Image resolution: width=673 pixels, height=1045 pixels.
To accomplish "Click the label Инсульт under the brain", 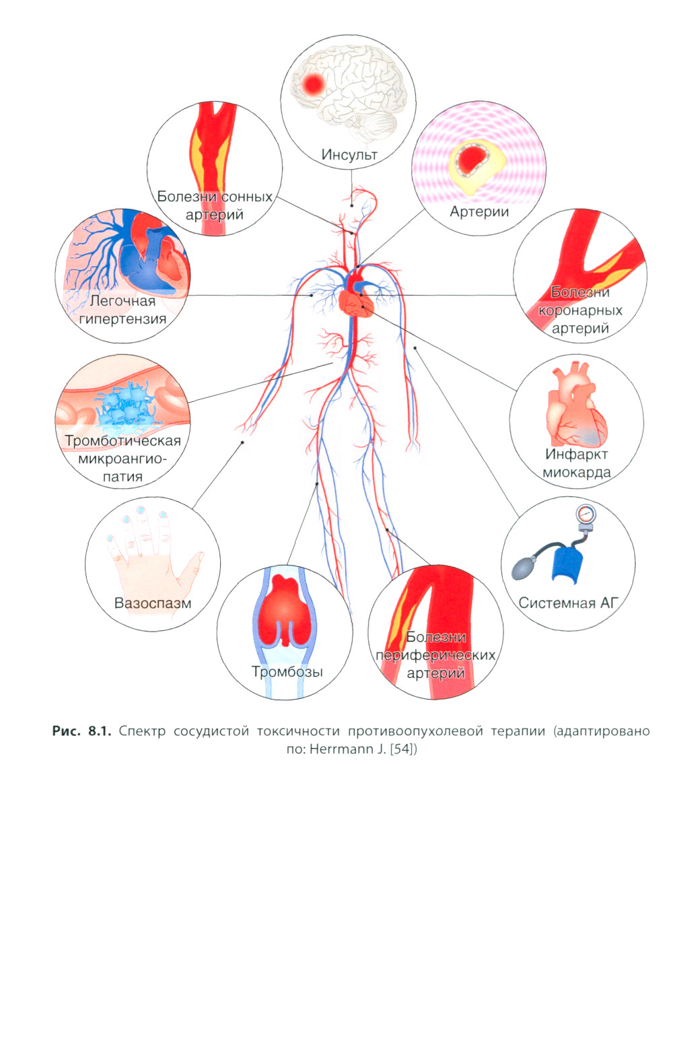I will (x=349, y=154).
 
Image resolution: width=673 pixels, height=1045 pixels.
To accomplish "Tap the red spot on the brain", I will (x=312, y=84).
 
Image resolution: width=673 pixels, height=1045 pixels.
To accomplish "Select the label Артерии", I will (x=479, y=211).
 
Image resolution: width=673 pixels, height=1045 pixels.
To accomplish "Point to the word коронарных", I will (x=580, y=310).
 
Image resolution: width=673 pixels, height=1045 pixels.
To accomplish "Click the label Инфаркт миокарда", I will (x=576, y=463).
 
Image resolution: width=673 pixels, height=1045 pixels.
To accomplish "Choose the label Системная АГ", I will (x=568, y=603).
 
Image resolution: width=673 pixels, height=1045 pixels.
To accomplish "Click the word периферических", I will (x=435, y=654).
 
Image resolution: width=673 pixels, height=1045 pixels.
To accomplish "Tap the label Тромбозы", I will (x=287, y=671).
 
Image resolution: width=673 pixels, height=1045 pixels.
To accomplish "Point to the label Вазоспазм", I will (x=153, y=603).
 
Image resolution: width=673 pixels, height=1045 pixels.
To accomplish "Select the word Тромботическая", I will (x=122, y=441).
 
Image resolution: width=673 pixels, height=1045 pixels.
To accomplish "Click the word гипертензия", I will (x=122, y=318).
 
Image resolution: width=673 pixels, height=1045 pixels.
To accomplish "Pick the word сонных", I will (x=246, y=197).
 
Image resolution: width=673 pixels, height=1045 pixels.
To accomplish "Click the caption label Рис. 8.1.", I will (x=81, y=731).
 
